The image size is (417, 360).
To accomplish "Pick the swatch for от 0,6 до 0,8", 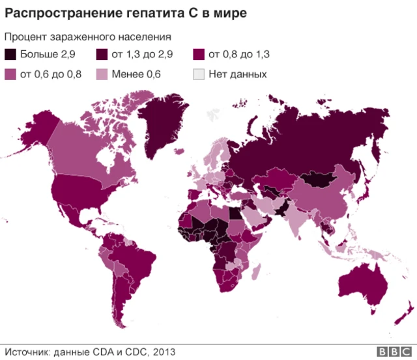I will [x=11, y=74].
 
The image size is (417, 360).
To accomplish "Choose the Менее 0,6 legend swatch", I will [x=103, y=74].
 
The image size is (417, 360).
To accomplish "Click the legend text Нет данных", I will [x=237, y=74].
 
